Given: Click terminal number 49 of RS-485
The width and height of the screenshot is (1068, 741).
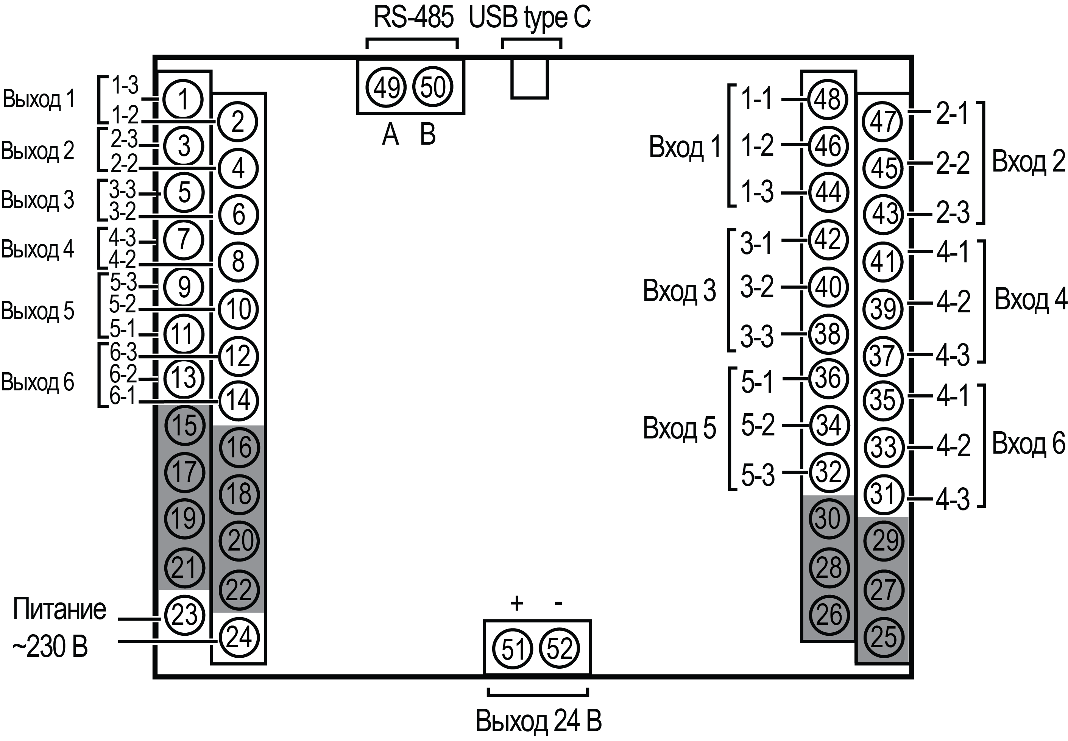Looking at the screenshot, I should (x=386, y=87).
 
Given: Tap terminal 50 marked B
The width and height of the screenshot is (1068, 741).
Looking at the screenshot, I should (x=433, y=87).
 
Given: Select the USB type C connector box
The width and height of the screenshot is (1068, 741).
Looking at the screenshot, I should (x=530, y=79).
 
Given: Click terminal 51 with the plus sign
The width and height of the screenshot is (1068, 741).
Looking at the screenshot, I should (x=513, y=649).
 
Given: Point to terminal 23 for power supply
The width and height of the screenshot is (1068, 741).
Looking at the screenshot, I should (x=184, y=616).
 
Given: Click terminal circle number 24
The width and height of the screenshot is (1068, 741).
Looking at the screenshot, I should (x=239, y=638).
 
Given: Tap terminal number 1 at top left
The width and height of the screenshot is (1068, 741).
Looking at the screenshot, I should (x=184, y=99).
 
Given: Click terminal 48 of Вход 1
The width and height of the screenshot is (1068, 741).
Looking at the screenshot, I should (x=828, y=99).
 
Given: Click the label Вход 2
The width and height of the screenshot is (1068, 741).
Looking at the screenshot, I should (x=1029, y=162).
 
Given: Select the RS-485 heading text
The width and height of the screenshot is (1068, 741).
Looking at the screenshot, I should (x=413, y=19).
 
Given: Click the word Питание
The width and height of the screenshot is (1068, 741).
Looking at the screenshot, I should (x=59, y=609).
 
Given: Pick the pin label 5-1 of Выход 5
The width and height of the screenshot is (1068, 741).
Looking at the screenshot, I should (x=123, y=329).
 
